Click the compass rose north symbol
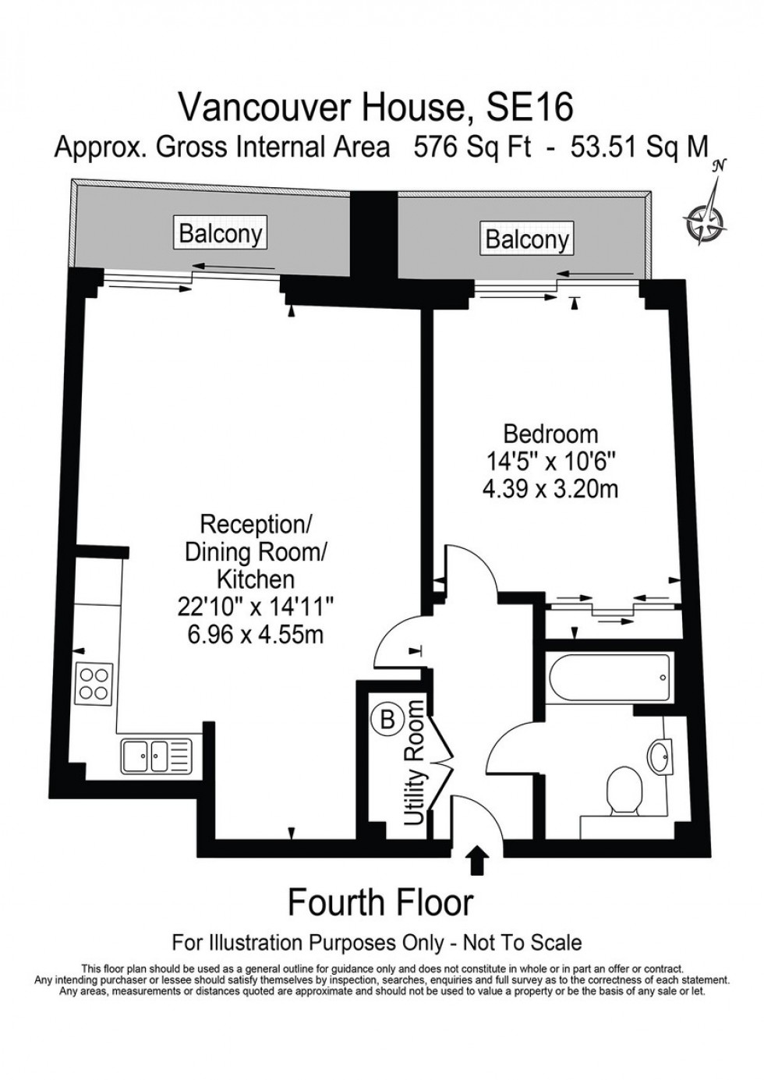tap(707, 218)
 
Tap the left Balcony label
tap(221, 233)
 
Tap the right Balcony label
tap(527, 239)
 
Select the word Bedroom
tap(550, 434)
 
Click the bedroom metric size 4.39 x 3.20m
tap(550, 489)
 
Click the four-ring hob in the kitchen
tap(95, 684)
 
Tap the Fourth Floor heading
tap(380, 903)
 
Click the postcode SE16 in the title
tap(529, 108)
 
